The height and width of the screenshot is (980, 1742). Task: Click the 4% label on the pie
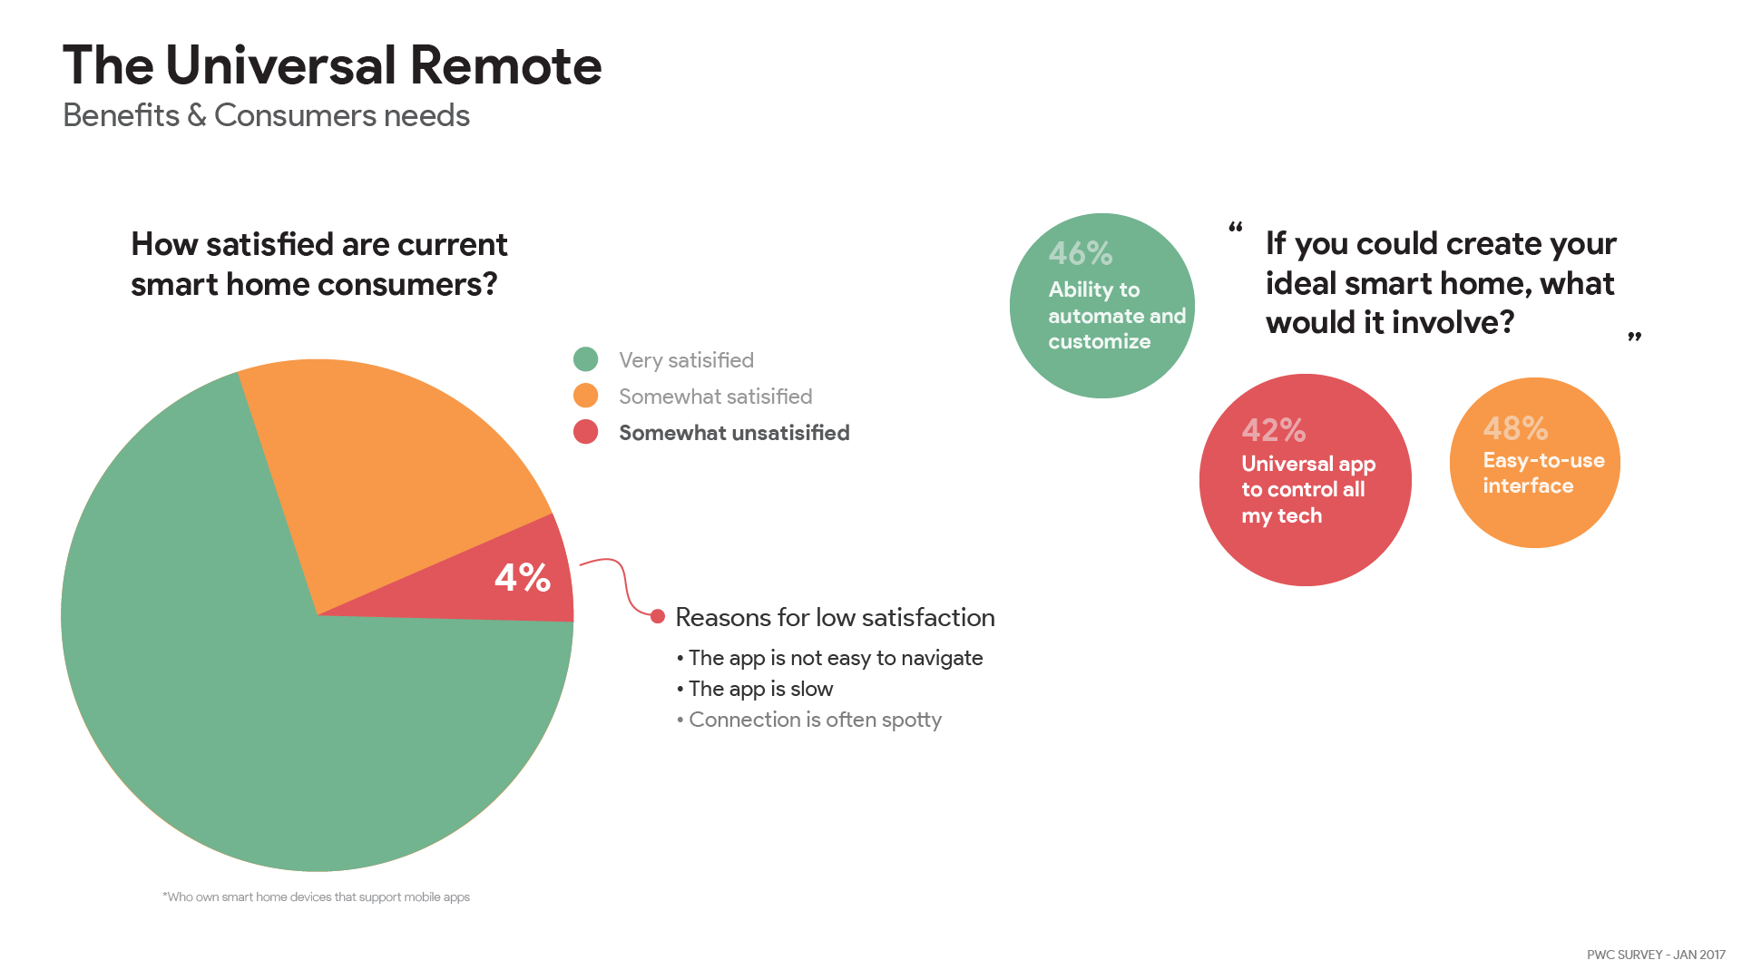click(x=523, y=578)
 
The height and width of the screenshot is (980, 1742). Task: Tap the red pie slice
click(x=508, y=581)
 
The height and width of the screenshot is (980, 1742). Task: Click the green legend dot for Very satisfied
click(x=586, y=359)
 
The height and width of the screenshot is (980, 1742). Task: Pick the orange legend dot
click(x=586, y=396)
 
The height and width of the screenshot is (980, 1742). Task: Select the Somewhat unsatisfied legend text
click(x=734, y=433)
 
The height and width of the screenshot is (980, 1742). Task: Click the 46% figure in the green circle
click(x=1081, y=253)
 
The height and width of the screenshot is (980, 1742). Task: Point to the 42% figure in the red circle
click(x=1274, y=430)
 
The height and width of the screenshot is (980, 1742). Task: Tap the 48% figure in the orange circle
click(x=1515, y=428)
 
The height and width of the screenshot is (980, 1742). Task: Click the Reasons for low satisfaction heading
click(x=835, y=618)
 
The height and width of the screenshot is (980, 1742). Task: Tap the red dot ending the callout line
click(x=658, y=617)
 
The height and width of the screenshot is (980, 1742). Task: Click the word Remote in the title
click(x=505, y=65)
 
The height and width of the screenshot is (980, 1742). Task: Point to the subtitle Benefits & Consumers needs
click(x=266, y=116)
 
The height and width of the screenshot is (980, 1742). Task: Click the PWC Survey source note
click(x=1656, y=955)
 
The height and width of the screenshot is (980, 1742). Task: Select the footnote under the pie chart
click(x=317, y=897)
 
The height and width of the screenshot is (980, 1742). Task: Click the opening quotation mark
click(x=1235, y=226)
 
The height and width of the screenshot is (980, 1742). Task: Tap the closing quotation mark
click(x=1634, y=338)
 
